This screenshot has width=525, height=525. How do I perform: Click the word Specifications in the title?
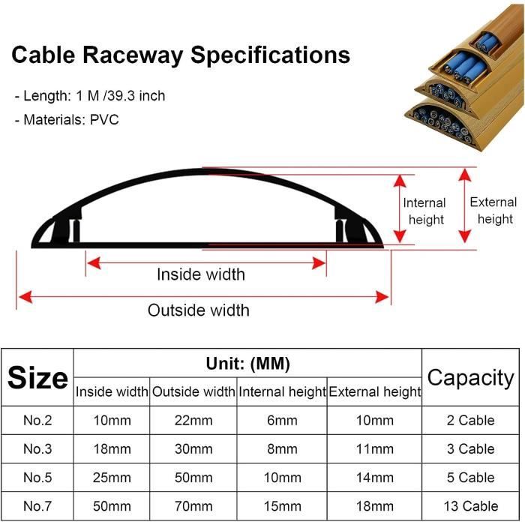[271, 55]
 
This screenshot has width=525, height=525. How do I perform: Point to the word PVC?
[104, 119]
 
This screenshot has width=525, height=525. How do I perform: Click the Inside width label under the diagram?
[201, 274]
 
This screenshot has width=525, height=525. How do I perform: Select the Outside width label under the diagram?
[199, 310]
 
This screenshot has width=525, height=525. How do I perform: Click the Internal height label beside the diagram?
[424, 211]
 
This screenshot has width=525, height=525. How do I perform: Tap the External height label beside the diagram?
[493, 211]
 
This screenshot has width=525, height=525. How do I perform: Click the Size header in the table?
[37, 378]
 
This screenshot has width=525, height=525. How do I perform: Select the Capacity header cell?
[470, 378]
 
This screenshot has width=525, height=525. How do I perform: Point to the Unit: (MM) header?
[247, 364]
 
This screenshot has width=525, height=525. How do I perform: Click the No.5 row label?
[37, 478]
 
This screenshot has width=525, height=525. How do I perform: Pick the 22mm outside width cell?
[193, 421]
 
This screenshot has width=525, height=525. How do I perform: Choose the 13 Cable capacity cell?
[471, 506]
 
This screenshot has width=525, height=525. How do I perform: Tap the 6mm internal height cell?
[282, 421]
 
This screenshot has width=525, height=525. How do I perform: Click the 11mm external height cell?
[375, 449]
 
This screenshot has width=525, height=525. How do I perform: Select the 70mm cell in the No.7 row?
[193, 506]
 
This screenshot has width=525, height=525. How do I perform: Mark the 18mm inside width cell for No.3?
[112, 449]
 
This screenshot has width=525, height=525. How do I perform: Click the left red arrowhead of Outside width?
[25, 297]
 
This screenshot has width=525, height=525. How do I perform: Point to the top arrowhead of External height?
[465, 175]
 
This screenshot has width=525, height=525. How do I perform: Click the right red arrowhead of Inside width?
[319, 263]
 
